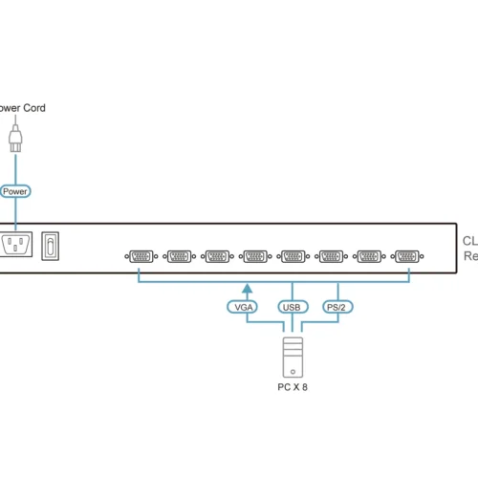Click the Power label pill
pos(14,191)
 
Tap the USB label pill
pos(293,308)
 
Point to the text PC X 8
pos(293,387)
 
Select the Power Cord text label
pos(21,108)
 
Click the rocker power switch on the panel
pos(56,246)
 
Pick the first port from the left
pos(140,256)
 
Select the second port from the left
pos(178,256)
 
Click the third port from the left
pos(216,256)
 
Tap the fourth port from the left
pos(254,256)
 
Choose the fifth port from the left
pos(293,256)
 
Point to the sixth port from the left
pos(331,256)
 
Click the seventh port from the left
pos(369,256)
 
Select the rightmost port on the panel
pos(407,256)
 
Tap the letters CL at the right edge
pos(470,241)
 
